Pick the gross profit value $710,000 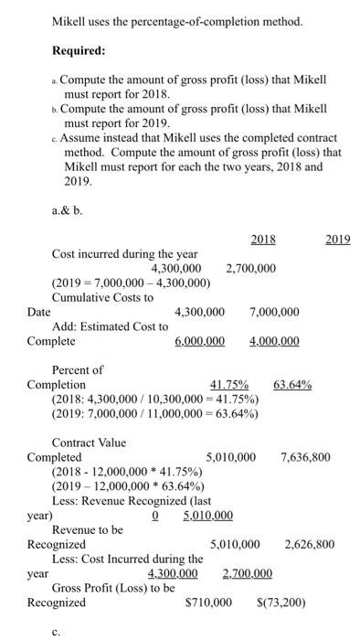point(208,603)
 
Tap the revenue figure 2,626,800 point(309,545)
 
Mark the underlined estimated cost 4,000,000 point(273,341)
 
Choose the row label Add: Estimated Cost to point(110,326)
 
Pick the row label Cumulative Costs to point(102,297)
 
